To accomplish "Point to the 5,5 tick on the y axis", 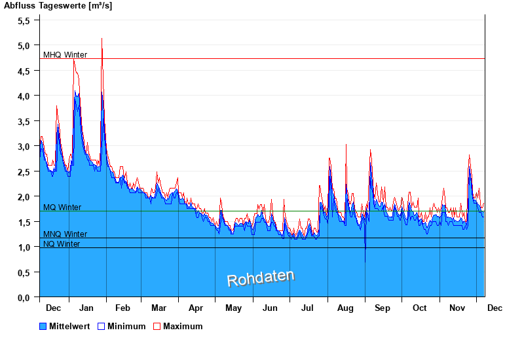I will [x=24, y=20].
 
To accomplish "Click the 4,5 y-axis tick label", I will [x=24, y=71].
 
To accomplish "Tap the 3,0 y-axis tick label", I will [x=24, y=146].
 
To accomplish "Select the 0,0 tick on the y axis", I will [x=24, y=297].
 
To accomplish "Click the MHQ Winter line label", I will [x=65, y=55].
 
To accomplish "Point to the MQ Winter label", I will [x=62, y=207].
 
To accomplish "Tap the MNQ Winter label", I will [x=65, y=234].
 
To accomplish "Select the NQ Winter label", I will [x=62, y=244].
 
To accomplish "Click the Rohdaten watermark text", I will [x=261, y=278].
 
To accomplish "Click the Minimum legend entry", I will [x=122, y=326].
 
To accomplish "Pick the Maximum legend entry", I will [x=178, y=326].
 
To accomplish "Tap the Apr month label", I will [x=196, y=308].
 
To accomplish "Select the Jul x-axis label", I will [x=307, y=308].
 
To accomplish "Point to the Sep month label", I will [x=383, y=308].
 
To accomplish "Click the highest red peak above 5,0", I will [x=102, y=39].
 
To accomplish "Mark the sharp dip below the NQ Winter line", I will [x=365, y=259].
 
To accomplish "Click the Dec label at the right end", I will [x=495, y=308].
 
